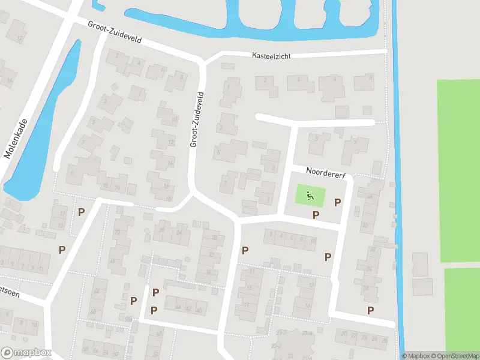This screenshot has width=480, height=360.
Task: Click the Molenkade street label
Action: point(17,137)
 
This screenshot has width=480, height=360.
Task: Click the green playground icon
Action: point(310,194)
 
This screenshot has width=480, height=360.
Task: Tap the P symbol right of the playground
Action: point(337,202)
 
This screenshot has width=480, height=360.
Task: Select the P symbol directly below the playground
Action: point(316,215)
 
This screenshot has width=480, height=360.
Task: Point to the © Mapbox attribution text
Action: point(415,356)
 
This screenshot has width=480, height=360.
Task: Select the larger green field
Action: point(458,171)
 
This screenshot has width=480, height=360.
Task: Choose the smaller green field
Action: point(462,309)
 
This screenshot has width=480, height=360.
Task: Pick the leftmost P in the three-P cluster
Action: point(133,300)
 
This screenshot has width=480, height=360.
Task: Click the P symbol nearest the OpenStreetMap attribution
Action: point(370,310)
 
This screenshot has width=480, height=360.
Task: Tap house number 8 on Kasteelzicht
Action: point(371,78)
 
